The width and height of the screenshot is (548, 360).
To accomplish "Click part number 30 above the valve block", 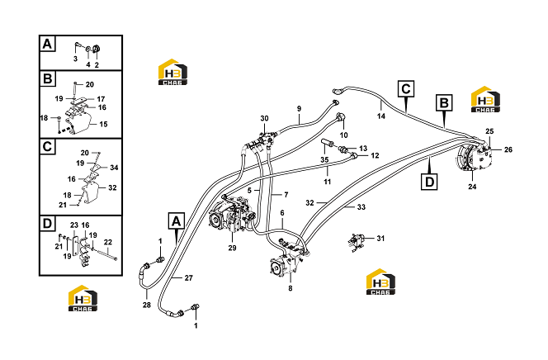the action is [x=264, y=118].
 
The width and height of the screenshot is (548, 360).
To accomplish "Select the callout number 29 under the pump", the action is [x=233, y=248].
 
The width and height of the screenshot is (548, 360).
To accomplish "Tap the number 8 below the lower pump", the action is [x=291, y=288].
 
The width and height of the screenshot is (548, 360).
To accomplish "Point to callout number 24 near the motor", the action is [x=472, y=187].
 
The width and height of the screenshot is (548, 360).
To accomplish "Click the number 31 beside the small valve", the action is [x=380, y=239].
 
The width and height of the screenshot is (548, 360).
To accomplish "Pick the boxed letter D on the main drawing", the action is [x=429, y=182].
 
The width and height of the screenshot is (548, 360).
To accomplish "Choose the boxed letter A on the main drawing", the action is [x=177, y=220].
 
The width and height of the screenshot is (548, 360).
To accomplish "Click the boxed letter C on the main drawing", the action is [x=406, y=89].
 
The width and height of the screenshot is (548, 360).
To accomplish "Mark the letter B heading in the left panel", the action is [x=47, y=78].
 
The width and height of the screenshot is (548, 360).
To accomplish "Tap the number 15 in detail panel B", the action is [x=103, y=124].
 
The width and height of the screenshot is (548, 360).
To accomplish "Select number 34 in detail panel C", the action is [x=114, y=168].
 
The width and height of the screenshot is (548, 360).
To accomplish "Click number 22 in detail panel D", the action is [x=108, y=242].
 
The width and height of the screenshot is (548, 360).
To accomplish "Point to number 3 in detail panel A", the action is [x=75, y=59].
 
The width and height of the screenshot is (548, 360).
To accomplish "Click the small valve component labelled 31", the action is [x=357, y=241].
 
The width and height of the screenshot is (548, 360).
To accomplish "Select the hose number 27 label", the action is [x=189, y=278].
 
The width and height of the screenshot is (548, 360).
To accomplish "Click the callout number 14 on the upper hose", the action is [x=381, y=116].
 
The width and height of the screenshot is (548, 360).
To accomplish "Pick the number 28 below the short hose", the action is [x=147, y=305].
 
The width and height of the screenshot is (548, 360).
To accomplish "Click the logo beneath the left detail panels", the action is [x=83, y=298].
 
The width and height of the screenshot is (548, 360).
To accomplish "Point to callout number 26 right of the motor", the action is [x=508, y=149].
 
